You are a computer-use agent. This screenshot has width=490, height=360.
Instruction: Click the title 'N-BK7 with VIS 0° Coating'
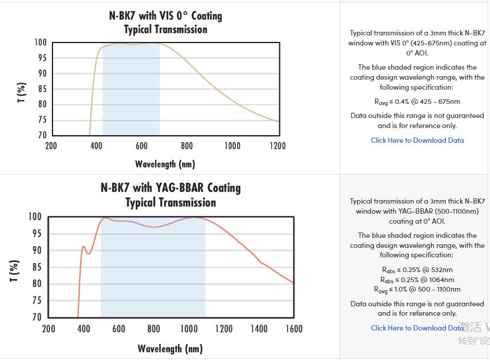pyautogui.click(x=165, y=15)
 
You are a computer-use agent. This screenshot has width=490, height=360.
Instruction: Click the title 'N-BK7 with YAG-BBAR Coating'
pyautogui.click(x=170, y=188)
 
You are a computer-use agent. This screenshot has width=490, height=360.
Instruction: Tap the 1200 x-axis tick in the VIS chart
pyautogui.click(x=277, y=146)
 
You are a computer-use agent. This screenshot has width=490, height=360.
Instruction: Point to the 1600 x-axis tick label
pyautogui.click(x=294, y=329)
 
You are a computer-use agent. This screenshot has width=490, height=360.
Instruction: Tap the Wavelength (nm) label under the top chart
pyautogui.click(x=165, y=163)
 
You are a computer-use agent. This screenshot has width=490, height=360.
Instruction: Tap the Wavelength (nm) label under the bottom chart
pyautogui.click(x=170, y=348)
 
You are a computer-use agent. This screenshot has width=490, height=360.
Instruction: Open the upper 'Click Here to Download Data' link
pyautogui.click(x=417, y=140)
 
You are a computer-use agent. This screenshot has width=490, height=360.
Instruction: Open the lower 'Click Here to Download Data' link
pyautogui.click(x=417, y=328)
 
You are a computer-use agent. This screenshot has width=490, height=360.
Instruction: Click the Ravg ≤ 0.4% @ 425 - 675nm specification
pyautogui.click(x=417, y=102)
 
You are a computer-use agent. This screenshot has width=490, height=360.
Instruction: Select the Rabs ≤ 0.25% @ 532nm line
pyautogui.click(x=417, y=270)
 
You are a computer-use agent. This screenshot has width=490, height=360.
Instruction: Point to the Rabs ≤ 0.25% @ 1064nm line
pyautogui.click(x=417, y=280)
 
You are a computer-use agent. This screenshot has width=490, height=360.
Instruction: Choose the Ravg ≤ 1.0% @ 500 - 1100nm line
pyautogui.click(x=417, y=290)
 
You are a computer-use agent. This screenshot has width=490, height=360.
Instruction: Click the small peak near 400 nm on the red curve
pyautogui.click(x=84, y=247)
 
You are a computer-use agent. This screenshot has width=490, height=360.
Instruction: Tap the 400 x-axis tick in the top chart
pyautogui.click(x=96, y=146)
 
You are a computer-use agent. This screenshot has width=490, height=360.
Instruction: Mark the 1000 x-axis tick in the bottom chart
pyautogui.click(x=189, y=329)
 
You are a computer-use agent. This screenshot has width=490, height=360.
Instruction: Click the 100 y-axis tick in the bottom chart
pyautogui.click(x=35, y=217)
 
